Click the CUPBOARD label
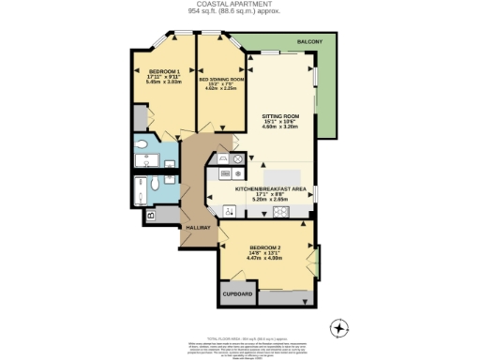pyautogui.click(x=238, y=294)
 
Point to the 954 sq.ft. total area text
pyautogui.click(x=240, y=12)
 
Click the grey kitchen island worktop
pyautogui.click(x=280, y=177)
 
